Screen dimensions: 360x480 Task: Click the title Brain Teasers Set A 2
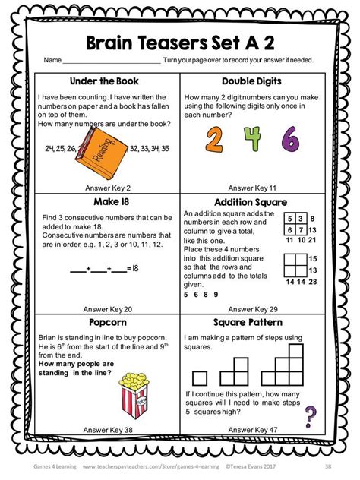(181, 40)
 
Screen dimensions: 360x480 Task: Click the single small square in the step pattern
(200, 377)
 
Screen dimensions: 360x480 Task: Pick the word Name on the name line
(52, 60)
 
